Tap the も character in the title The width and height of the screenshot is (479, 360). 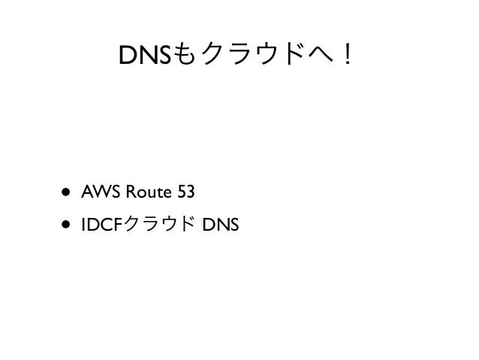(x=187, y=54)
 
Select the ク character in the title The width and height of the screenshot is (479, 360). (x=215, y=54)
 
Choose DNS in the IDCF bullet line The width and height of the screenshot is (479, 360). (x=215, y=224)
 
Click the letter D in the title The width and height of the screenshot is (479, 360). (x=128, y=54)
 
